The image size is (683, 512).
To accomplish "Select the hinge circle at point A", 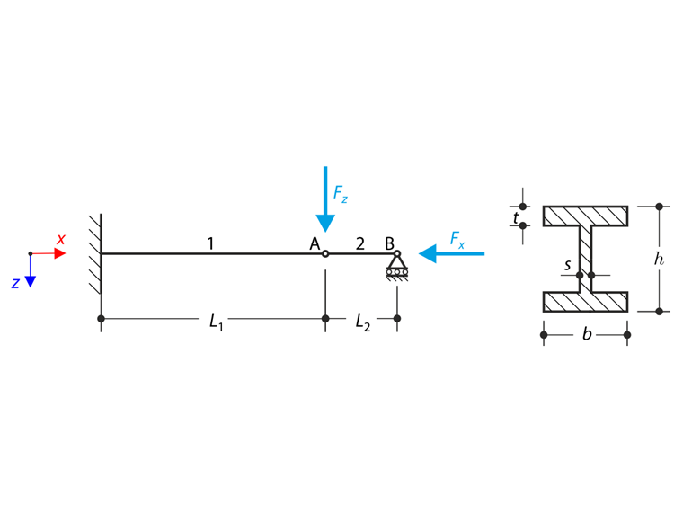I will point(325,254).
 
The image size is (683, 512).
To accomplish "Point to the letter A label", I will point(315,243).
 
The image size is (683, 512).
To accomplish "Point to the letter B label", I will point(389,243).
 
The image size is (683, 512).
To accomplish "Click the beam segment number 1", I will point(210,243).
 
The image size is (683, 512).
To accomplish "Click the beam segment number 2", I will point(360,243).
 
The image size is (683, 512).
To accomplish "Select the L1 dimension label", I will point(216,321).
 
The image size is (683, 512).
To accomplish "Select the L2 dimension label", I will point(362,321).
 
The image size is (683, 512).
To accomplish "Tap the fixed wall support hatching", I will point(95,254).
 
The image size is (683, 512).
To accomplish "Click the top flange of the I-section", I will point(585,216).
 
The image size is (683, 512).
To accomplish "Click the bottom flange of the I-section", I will point(585,301).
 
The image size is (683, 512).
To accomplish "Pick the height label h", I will point(659,259).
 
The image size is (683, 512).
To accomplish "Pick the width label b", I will point(587,335).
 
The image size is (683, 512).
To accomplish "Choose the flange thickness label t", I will point(516,217).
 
